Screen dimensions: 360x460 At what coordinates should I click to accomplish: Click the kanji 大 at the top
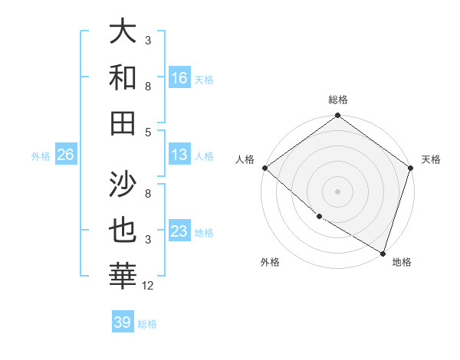click(123, 32)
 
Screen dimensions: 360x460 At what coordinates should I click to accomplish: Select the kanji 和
click(123, 77)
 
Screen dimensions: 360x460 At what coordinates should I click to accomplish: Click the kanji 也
click(123, 231)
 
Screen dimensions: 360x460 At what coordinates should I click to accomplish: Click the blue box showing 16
click(179, 78)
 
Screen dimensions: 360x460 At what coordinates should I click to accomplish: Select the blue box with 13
click(179, 155)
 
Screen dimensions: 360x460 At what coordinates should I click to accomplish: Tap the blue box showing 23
click(179, 231)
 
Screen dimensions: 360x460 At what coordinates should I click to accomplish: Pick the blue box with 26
click(65, 155)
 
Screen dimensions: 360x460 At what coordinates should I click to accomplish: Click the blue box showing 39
click(122, 322)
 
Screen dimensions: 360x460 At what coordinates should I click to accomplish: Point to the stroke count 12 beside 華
click(149, 286)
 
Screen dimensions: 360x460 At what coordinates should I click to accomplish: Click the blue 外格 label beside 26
click(41, 156)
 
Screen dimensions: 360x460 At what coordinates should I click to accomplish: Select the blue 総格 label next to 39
click(147, 324)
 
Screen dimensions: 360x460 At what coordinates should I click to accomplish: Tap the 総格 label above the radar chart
click(338, 100)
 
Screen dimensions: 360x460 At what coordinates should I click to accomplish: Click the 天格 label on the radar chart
click(431, 159)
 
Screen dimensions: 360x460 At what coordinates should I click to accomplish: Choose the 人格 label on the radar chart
click(245, 159)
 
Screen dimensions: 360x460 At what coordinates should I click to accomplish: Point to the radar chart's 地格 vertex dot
click(383, 253)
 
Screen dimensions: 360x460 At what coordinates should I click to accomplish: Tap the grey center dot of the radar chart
click(338, 191)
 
